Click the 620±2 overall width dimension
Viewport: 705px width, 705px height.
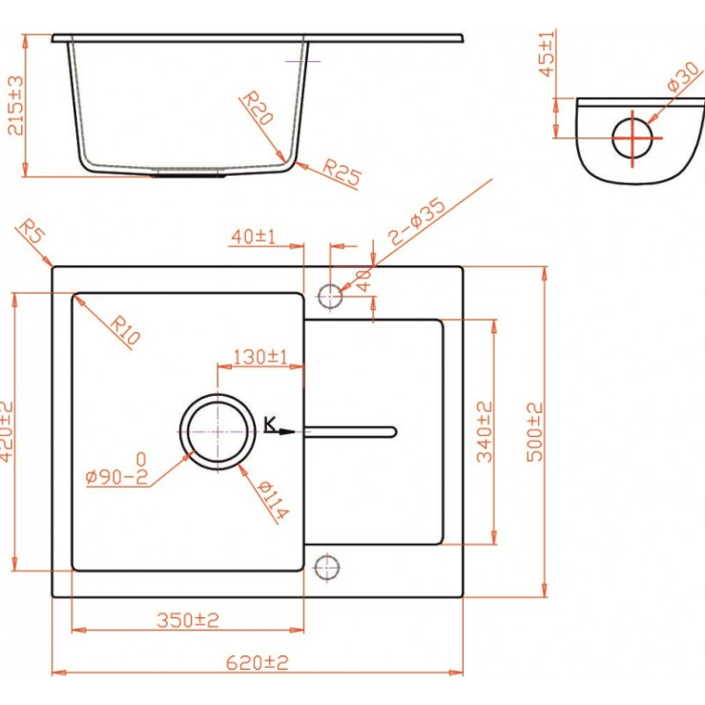[257, 662]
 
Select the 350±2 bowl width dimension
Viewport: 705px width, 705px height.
[188, 620]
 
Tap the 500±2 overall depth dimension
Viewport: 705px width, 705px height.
[534, 432]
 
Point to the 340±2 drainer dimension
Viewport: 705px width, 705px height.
[485, 432]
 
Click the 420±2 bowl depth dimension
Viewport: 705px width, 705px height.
[7, 431]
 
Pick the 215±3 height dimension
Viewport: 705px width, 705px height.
[15, 106]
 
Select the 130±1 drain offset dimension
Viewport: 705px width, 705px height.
[260, 357]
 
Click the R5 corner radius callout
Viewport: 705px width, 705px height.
[31, 231]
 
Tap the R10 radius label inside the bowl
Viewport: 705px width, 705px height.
[125, 330]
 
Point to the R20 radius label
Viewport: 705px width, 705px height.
[258, 108]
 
